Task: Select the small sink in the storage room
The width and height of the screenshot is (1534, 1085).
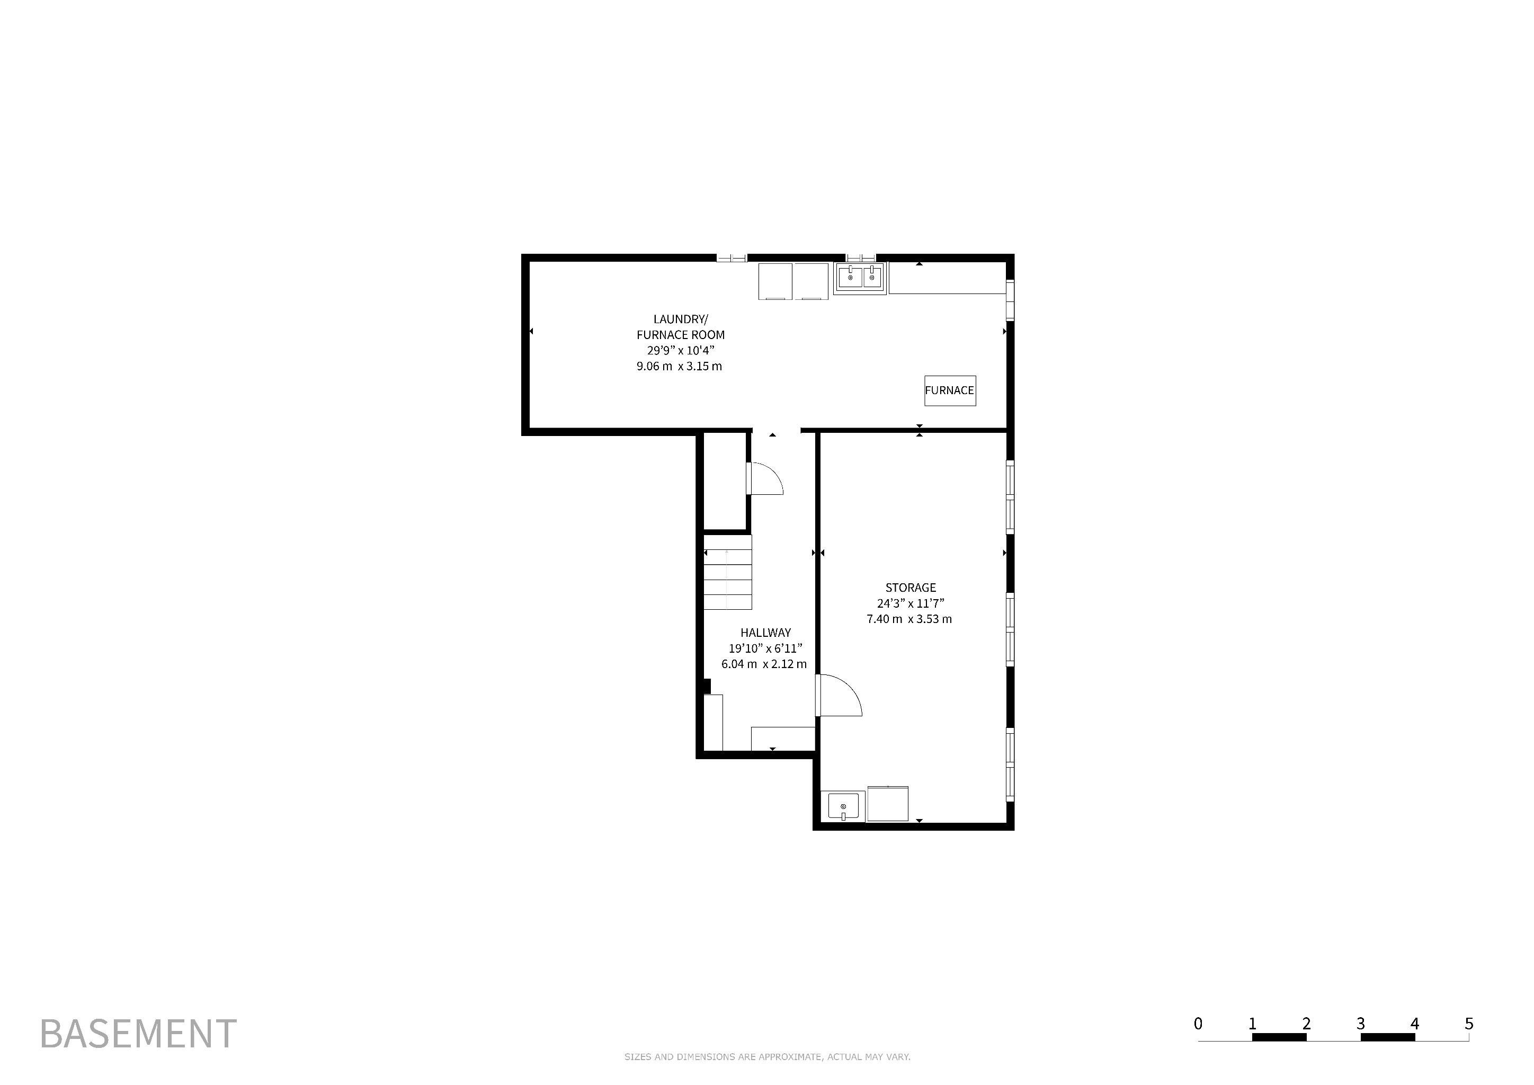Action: click(x=843, y=806)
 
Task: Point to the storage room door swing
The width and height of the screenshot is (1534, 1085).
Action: click(x=839, y=696)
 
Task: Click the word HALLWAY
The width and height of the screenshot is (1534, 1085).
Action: click(x=765, y=633)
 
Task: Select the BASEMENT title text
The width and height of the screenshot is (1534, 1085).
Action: click(x=138, y=1034)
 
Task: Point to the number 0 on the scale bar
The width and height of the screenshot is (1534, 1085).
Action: click(x=1198, y=1024)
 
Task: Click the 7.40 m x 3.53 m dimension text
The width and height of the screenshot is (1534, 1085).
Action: click(x=909, y=619)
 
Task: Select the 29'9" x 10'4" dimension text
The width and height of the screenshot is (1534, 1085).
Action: click(x=681, y=351)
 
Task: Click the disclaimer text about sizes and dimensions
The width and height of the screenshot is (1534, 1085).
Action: click(x=768, y=1057)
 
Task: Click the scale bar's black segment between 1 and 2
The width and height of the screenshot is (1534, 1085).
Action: click(x=1279, y=1037)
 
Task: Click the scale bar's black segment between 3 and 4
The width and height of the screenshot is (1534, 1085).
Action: click(x=1388, y=1037)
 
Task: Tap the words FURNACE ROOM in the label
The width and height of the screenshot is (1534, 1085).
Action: click(x=681, y=335)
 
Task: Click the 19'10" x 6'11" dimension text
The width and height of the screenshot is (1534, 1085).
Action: click(x=765, y=648)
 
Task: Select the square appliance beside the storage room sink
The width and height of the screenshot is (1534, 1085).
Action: click(x=888, y=804)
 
